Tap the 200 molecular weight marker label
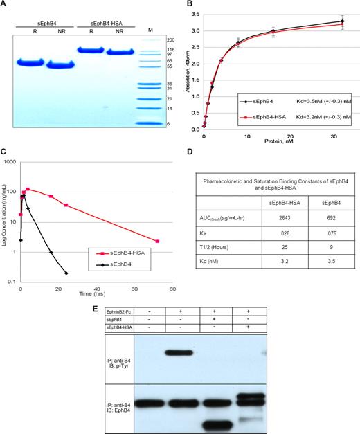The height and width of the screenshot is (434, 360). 170,41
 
